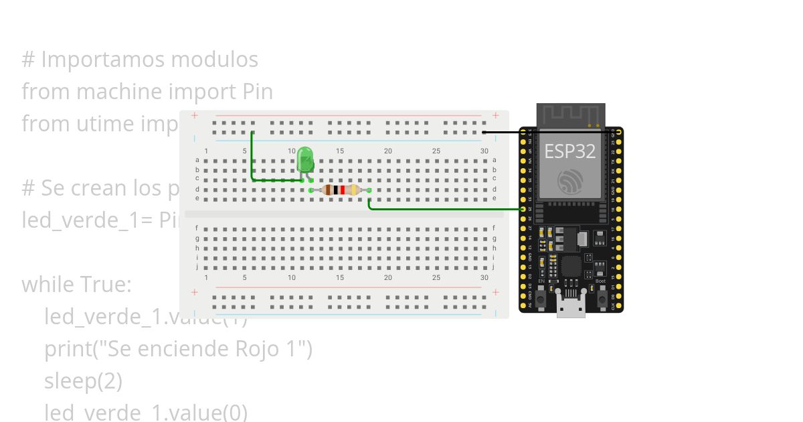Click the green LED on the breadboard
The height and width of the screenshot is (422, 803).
(305, 160)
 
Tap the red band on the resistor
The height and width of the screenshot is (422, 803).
(343, 190)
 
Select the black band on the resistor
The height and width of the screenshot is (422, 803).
(336, 190)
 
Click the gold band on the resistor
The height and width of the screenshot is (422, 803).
(353, 190)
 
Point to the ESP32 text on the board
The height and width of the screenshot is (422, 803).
(569, 151)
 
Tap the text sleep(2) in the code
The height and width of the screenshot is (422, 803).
(84, 381)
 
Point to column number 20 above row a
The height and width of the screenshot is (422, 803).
(388, 151)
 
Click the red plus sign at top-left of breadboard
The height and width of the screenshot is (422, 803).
(195, 115)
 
